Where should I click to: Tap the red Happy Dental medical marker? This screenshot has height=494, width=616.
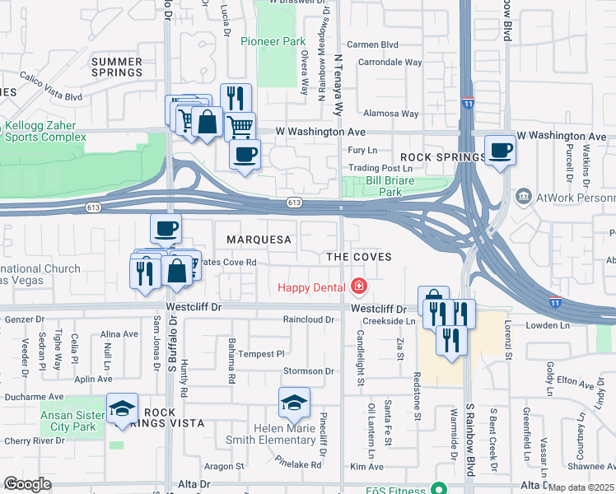pos(358,287)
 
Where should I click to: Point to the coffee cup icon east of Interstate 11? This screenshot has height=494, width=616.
pos(501,151)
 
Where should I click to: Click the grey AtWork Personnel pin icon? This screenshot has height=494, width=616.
pos(522,198)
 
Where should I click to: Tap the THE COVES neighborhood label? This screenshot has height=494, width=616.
pos(358,257)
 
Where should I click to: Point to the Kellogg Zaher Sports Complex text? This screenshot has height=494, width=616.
pos(41,132)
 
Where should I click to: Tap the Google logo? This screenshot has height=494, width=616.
pos(27,484)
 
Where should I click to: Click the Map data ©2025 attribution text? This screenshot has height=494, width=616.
pos(580,487)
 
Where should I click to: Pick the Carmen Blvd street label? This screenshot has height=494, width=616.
pos(372,44)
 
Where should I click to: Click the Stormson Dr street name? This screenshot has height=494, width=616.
pos(308,370)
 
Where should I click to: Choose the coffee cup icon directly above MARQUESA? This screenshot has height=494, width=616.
pos(166,228)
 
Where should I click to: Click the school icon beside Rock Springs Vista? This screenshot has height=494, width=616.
pos(122,408)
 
